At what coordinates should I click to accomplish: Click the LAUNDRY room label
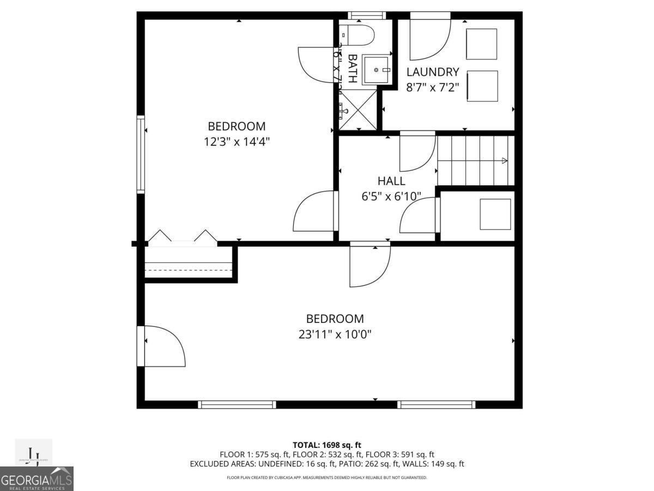433,72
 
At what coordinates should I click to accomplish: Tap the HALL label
391,181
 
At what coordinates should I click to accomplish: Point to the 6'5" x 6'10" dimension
391,196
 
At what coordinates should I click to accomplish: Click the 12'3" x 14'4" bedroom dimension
237,141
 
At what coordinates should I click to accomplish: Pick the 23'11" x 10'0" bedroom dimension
335,334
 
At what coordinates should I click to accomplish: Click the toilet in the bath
358,35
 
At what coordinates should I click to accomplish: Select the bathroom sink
376,70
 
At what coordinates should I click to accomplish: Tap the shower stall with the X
358,110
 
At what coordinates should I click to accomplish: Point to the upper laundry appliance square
481,44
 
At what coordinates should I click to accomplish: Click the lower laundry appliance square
482,86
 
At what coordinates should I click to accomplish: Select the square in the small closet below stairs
495,214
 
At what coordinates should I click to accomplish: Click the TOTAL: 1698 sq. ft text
326,445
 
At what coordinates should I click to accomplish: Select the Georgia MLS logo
37,478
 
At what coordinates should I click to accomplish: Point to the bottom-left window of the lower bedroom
237,404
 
